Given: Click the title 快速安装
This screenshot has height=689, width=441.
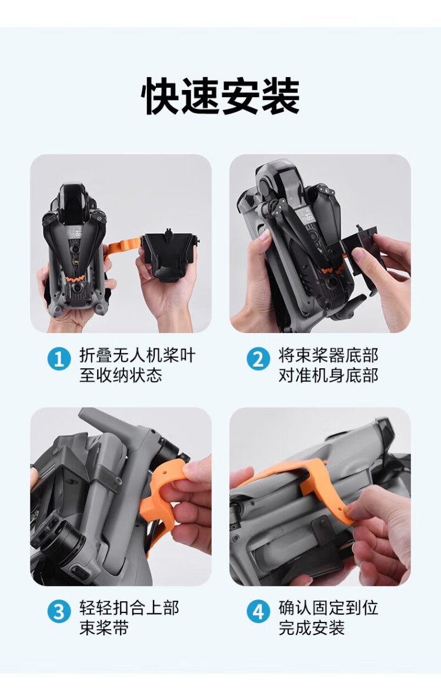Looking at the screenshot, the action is [x=220, y=96].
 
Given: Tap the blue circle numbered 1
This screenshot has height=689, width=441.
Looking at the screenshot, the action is [x=59, y=359].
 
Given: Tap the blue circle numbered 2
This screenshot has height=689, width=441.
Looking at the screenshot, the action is [x=258, y=359].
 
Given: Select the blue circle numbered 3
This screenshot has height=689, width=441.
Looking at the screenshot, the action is [x=59, y=612].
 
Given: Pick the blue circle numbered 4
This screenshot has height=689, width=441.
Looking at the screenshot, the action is [x=258, y=612].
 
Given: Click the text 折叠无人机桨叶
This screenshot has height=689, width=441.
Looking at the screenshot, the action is [x=138, y=355].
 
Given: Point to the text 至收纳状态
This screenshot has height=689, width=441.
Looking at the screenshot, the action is [x=121, y=375].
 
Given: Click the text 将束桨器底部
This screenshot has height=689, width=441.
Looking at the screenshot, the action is [x=328, y=355].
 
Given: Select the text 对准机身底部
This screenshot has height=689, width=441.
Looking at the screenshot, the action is [x=328, y=375].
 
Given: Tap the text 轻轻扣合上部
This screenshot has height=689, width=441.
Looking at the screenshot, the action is [x=129, y=608].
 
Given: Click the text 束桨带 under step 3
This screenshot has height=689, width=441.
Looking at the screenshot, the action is [x=104, y=628].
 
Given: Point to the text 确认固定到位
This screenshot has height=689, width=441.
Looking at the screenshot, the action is [x=328, y=608].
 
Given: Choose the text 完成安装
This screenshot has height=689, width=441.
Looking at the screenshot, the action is [x=312, y=628].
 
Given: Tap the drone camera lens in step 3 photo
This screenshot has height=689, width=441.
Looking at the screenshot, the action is [x=66, y=541].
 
